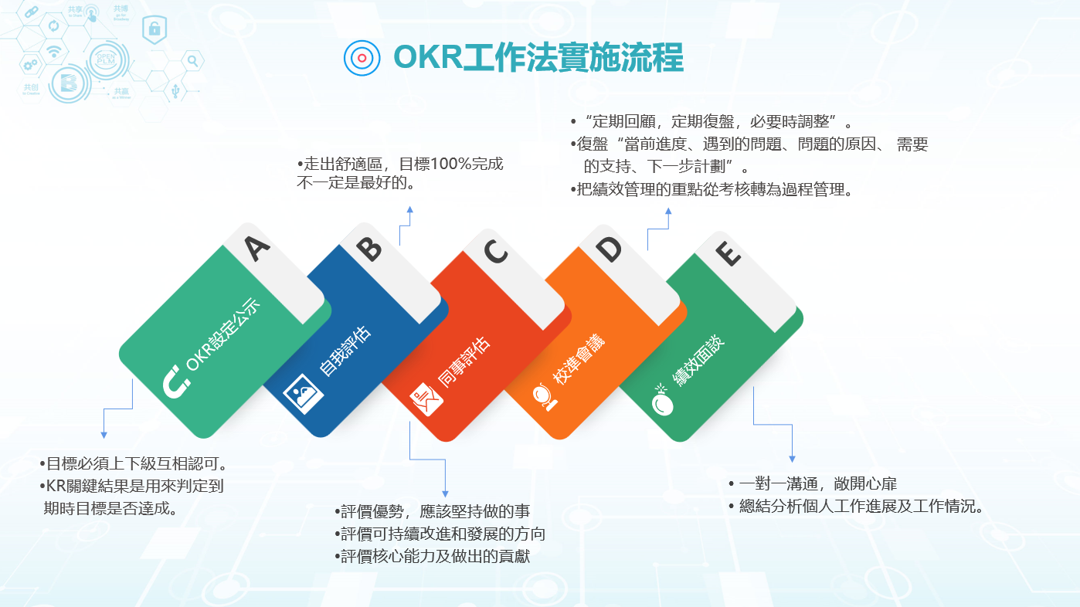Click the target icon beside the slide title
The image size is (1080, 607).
[x=362, y=58]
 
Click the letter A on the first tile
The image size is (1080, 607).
[x=256, y=249]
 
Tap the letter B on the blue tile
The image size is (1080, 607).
[x=369, y=249]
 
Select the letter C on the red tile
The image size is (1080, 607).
[x=495, y=251]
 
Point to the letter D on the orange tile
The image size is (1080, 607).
[x=609, y=249]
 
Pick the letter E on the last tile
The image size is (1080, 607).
[x=727, y=253]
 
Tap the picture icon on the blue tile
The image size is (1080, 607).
[x=302, y=394]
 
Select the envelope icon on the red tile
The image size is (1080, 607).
[x=426, y=399]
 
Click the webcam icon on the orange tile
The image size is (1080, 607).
[x=545, y=397]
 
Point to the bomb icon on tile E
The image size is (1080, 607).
[x=662, y=400]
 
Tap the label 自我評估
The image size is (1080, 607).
[x=345, y=351]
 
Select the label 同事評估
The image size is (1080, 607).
[x=464, y=362]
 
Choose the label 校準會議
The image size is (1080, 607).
[x=578, y=358]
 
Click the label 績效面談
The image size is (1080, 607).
[x=698, y=360]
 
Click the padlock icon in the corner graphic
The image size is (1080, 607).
[x=155, y=29]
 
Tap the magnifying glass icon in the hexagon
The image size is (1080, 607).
[x=193, y=61]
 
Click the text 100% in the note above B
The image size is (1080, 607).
[x=450, y=164]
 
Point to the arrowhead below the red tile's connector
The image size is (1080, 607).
[x=445, y=493]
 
